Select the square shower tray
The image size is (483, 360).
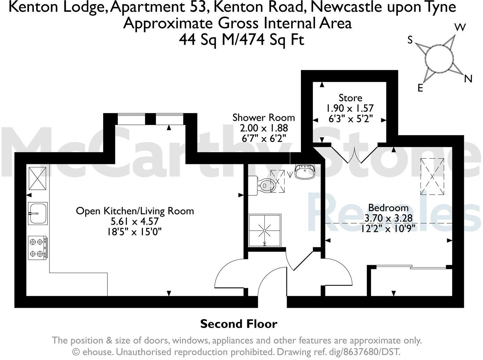point(265,231)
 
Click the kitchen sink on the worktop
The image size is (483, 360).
point(38,213)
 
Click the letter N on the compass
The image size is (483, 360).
point(468,79)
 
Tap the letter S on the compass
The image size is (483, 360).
point(410,40)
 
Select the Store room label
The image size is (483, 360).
point(350,98)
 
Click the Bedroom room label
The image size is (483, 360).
point(388,208)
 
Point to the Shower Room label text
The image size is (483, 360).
point(263,118)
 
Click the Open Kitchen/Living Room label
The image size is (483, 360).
point(135,211)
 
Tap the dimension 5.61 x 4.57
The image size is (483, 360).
point(135,222)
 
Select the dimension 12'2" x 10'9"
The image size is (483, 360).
point(388,228)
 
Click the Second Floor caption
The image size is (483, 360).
point(239,324)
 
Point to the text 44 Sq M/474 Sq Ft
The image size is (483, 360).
point(241,40)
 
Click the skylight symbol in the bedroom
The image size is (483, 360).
point(432,176)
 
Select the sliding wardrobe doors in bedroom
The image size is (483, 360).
point(412,268)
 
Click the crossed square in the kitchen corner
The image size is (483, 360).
point(37,178)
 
